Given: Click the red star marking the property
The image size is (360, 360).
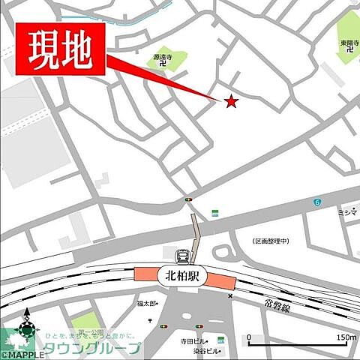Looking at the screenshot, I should pos(231,102).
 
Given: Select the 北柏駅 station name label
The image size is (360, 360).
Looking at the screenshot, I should pos(184,276).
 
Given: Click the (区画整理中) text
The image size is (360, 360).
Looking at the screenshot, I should pos(265,241).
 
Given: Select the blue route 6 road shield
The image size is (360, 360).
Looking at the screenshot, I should pos(317,203).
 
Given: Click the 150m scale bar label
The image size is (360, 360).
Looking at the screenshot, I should pos(346,337).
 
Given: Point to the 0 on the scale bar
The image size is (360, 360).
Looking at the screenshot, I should pos(249,337).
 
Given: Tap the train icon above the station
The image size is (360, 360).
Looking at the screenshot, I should pos(184,256).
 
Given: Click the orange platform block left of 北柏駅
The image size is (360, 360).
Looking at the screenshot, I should pos(145,275).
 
